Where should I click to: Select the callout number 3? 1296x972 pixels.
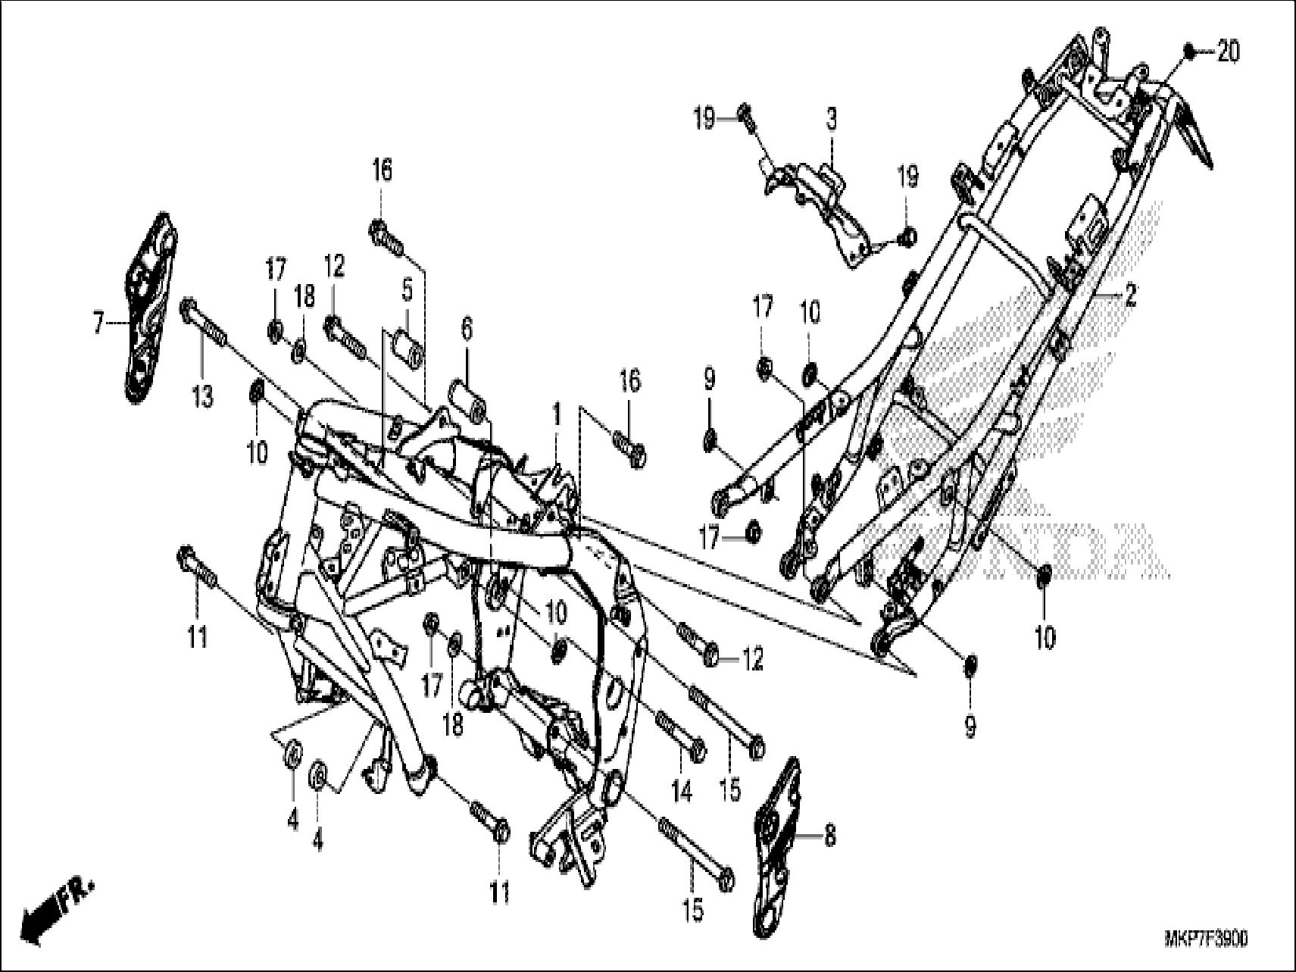[x=831, y=120]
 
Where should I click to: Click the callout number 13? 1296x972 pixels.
[x=202, y=396]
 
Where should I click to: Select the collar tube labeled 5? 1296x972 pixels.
[x=407, y=345]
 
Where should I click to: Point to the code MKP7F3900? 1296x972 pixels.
[x=1206, y=940]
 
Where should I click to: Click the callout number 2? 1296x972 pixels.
[x=1129, y=295]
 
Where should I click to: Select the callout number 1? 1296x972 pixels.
[x=557, y=414]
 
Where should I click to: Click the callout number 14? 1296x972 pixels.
[x=681, y=792]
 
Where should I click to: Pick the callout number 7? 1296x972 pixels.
[x=97, y=324]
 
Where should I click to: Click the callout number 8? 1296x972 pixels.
[x=829, y=837]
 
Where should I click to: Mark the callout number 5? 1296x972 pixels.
[x=407, y=289]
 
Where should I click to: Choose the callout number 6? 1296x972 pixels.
[x=467, y=329]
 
